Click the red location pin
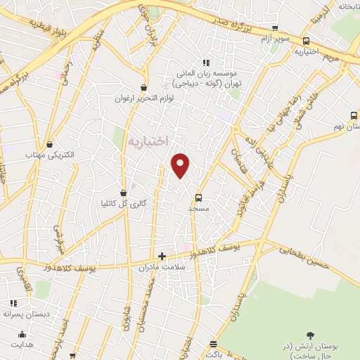(x=181, y=165)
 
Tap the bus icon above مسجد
(x=198, y=198)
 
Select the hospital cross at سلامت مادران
(x=162, y=256)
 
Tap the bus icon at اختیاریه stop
(x=306, y=41)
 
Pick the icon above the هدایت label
(x=23, y=335)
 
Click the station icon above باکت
(x=213, y=344)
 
